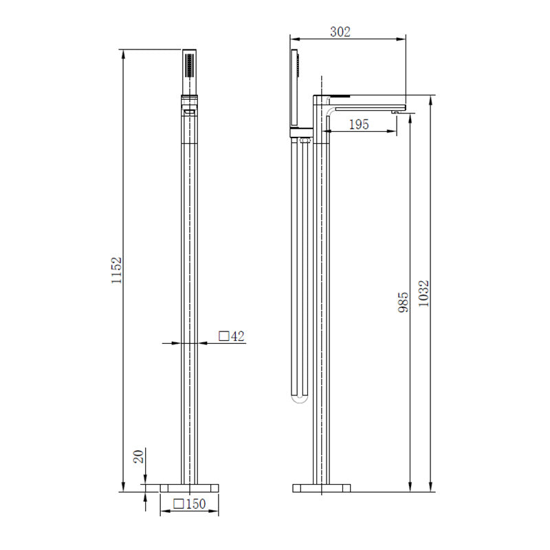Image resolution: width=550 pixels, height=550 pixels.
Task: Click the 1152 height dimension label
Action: pyautogui.click(x=118, y=271)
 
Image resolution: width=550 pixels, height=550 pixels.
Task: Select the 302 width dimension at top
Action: pyautogui.click(x=340, y=31)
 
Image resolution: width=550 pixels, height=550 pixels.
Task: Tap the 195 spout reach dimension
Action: pyautogui.click(x=359, y=124)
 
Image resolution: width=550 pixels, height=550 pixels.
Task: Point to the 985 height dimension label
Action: pyautogui.click(x=404, y=302)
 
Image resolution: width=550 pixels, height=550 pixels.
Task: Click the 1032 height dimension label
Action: pyautogui.click(x=424, y=293)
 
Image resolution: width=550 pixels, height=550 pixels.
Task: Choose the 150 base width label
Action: pyautogui.click(x=195, y=504)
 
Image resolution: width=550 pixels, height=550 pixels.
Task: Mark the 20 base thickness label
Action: pyautogui.click(x=138, y=456)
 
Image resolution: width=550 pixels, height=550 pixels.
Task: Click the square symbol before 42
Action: pyautogui.click(x=223, y=336)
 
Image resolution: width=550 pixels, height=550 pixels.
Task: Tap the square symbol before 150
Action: pyautogui.click(x=178, y=504)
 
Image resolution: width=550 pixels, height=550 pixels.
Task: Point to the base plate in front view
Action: pyautogui.click(x=189, y=487)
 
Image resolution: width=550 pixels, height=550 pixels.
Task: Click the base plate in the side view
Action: pyautogui.click(x=322, y=488)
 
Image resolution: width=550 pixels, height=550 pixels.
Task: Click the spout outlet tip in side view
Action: pyautogui.click(x=397, y=111)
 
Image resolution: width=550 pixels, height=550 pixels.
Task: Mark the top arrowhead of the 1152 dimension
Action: pyautogui.click(x=123, y=53)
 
